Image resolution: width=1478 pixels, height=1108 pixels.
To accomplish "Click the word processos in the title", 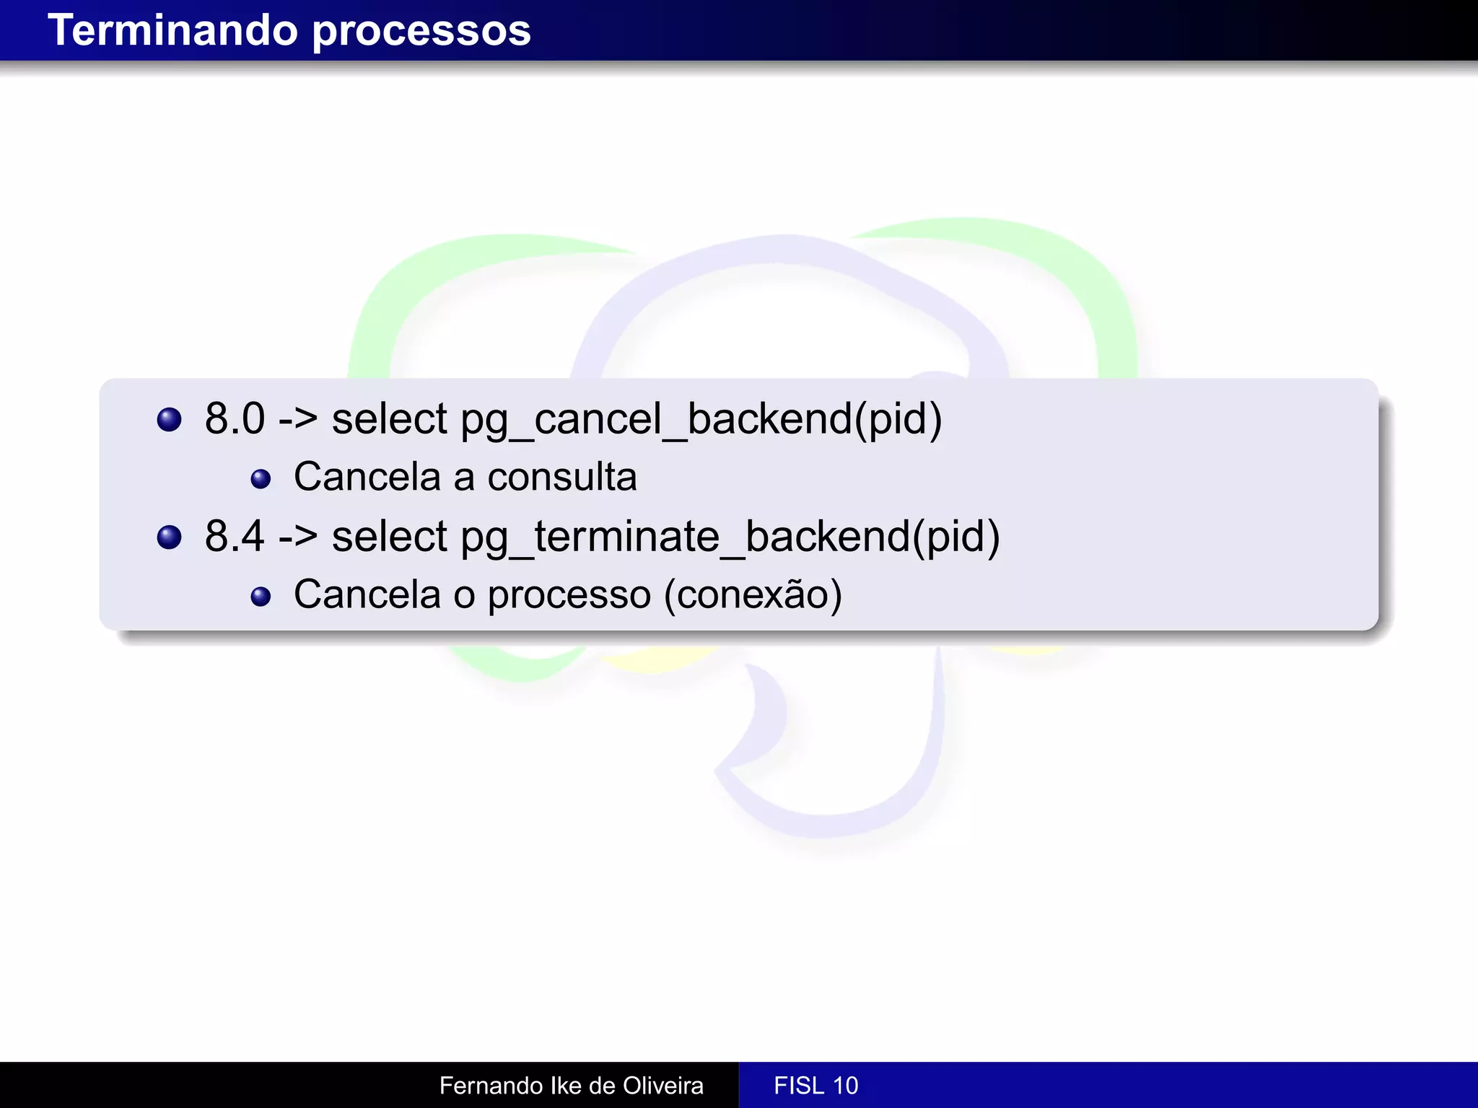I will pos(421,32).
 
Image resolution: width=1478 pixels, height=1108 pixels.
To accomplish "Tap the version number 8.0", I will pos(235,418).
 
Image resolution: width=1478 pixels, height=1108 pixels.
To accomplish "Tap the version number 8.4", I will pos(235,537).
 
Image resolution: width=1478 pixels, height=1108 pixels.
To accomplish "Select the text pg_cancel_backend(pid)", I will pos(701,420).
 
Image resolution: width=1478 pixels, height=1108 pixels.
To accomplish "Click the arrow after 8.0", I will pos(298,420).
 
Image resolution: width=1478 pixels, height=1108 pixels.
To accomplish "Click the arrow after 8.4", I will pos(298,538).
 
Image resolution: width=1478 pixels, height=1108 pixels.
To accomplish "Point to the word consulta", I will pos(562,478).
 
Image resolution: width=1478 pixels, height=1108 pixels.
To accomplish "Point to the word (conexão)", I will pos(753,596).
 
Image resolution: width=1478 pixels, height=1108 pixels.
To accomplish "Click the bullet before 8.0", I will pos(169,420).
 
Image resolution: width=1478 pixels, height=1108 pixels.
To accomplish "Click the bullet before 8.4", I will pos(169,537).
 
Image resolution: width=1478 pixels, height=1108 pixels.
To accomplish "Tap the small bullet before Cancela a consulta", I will pos(261,479).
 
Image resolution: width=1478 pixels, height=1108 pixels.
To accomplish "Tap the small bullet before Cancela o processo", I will pos(261,597).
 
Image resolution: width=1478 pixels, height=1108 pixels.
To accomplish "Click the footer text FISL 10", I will pos(815,1086).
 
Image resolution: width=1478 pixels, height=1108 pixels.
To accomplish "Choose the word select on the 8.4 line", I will pos(389,538).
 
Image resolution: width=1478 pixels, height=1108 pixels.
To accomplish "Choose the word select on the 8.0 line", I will pos(389,420).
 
